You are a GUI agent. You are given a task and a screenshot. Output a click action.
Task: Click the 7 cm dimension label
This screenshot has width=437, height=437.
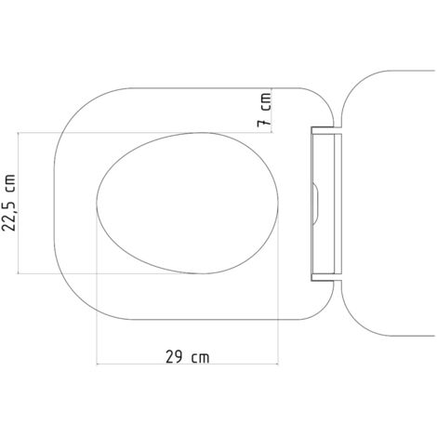[x=265, y=111]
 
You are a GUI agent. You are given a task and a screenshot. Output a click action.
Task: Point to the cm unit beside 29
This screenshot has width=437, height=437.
[x=198, y=356]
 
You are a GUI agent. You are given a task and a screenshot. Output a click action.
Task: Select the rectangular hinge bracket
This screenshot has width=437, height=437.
[x=326, y=205]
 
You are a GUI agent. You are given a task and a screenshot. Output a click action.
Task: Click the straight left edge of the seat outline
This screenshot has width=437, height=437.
[x=53, y=205]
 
